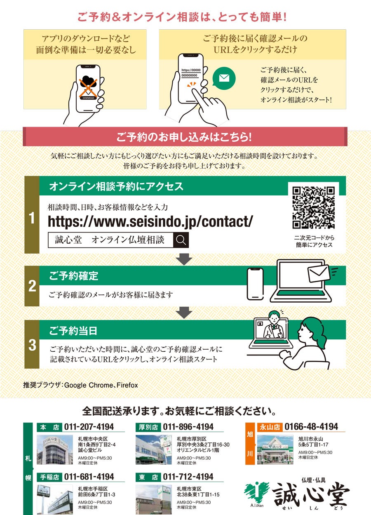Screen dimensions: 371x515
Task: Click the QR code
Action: pos(313,208)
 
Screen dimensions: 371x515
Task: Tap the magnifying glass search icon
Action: pos(181,240)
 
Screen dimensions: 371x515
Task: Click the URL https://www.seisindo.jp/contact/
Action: pos(150,222)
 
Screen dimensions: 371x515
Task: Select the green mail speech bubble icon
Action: pos(224,78)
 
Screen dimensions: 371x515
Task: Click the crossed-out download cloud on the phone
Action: pos(88,87)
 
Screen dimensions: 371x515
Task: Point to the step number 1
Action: pos(32,218)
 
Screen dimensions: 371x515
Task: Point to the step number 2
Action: pos(32,286)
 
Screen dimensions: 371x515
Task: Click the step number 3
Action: pos(32,345)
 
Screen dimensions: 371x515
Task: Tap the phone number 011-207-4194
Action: pos(89,427)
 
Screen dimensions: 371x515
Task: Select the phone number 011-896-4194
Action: pos(188,427)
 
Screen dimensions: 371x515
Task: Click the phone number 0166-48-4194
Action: pos(311,426)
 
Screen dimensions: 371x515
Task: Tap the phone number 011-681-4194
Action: pos(89,477)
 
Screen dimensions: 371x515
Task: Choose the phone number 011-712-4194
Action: pos(188,477)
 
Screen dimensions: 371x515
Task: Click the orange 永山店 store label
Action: pos(270,427)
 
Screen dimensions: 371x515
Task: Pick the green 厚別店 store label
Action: pos(148,427)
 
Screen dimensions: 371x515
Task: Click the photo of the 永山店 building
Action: pos(275,449)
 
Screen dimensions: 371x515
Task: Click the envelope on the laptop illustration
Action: pos(318,273)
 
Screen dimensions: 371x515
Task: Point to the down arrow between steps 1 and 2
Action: pos(184,259)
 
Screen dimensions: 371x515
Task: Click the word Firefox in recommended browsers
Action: pos(127,385)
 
